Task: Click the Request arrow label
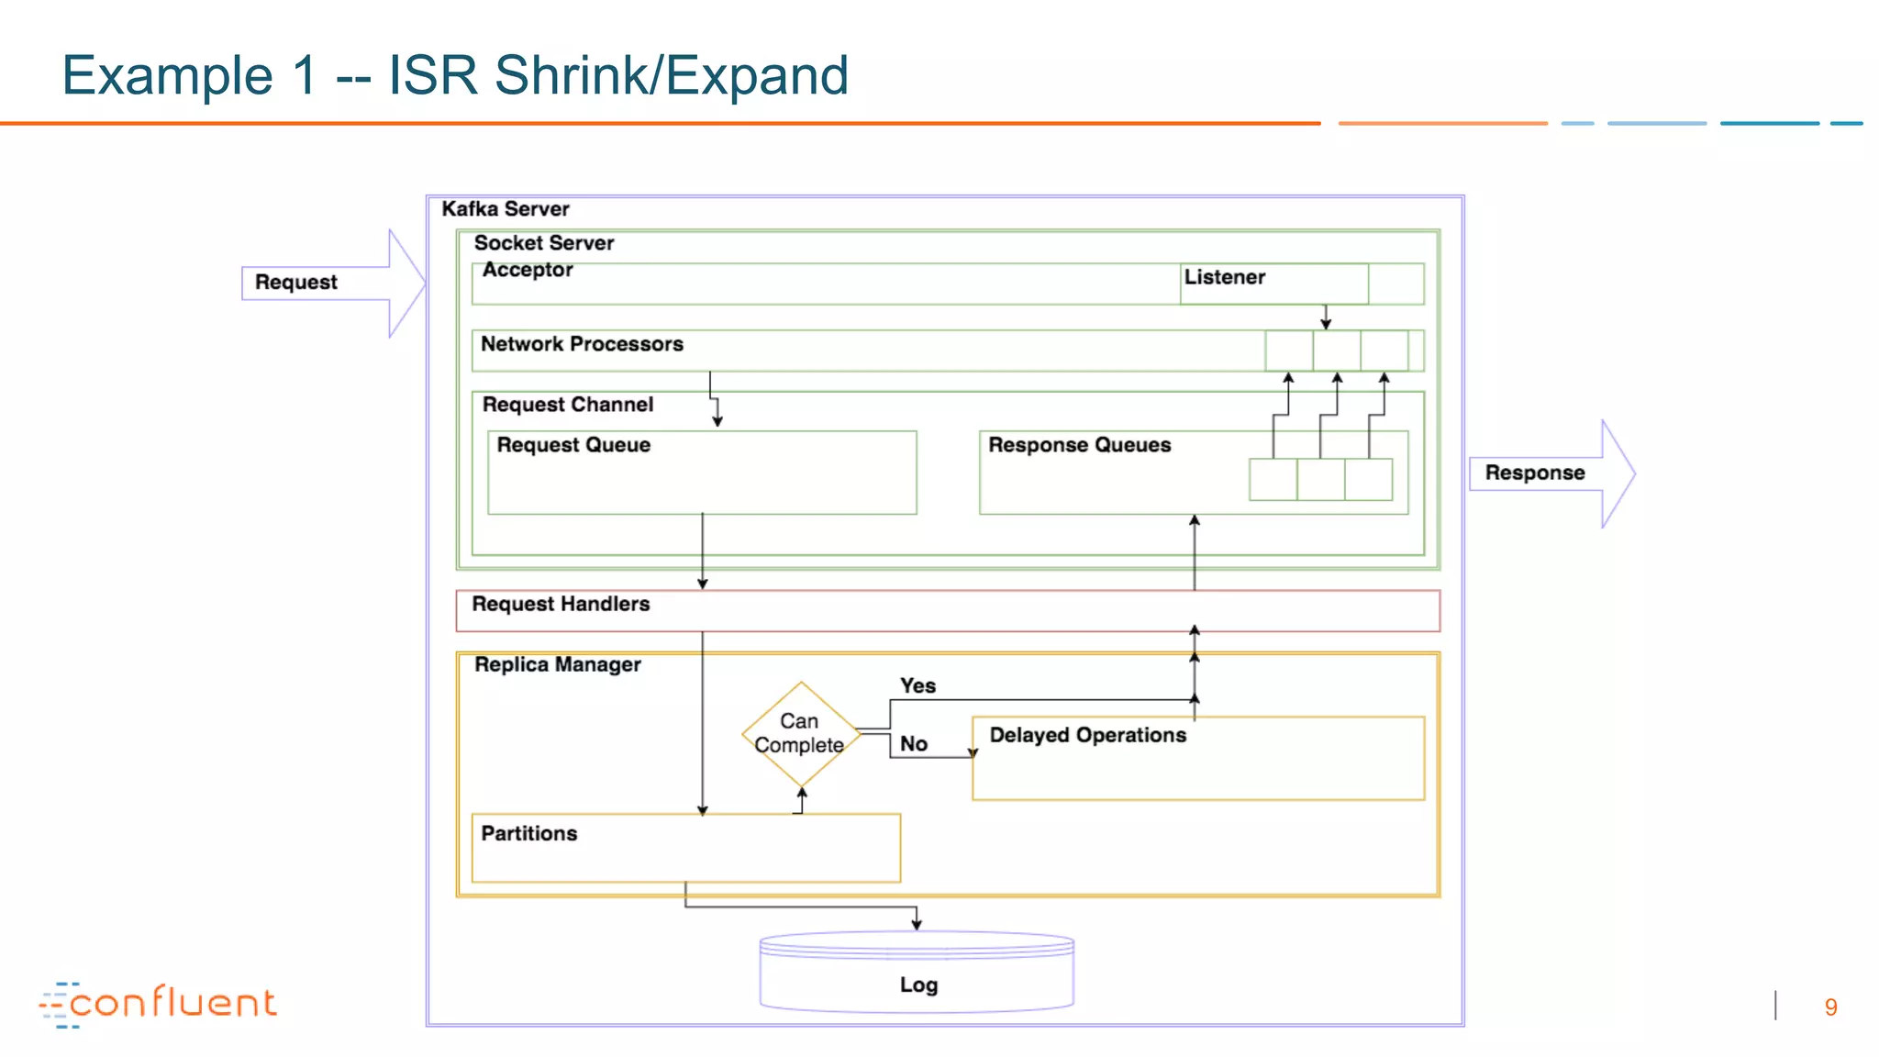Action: (295, 283)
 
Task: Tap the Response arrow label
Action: (1534, 473)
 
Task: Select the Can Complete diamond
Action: (800, 734)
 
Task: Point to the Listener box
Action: (1273, 283)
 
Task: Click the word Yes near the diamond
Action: (917, 686)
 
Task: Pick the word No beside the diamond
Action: (913, 744)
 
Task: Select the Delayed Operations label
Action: (1087, 736)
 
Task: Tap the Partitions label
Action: (529, 834)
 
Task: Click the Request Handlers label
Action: (561, 605)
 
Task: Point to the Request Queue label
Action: (573, 445)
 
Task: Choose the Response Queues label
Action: (1079, 445)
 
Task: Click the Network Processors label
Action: (582, 344)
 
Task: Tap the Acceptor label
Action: (528, 270)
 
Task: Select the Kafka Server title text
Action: (506, 209)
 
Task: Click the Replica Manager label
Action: (557, 664)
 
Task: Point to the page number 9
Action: (1830, 1007)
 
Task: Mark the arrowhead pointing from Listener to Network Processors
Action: (1326, 324)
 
